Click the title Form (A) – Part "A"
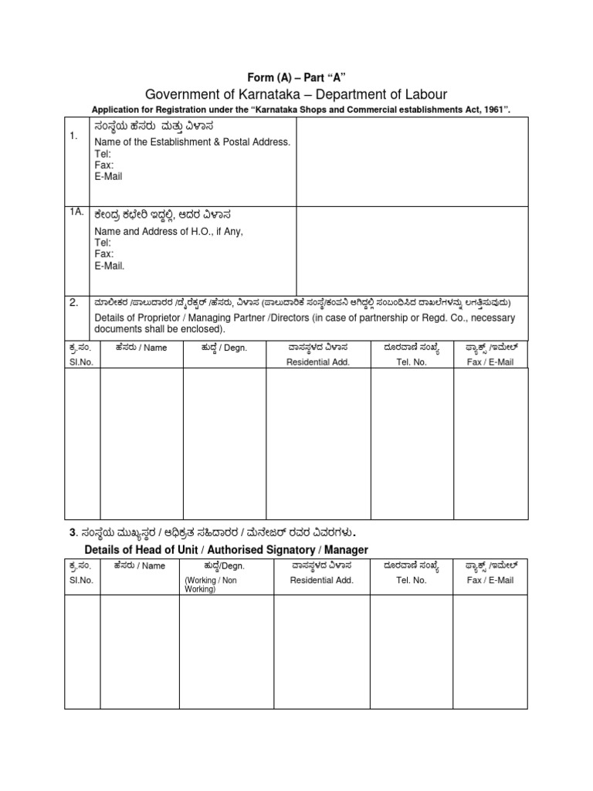coord(296,77)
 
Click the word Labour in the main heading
coord(422,94)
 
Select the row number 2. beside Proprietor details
coord(74,303)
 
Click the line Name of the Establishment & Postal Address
coord(191,142)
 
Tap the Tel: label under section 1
coord(102,154)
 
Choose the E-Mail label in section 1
coord(108,176)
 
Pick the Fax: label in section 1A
coord(103,253)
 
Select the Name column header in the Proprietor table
coord(141,348)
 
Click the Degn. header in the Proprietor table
coord(224,348)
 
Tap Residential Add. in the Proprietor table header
coord(318,362)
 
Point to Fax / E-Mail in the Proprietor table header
coord(490,362)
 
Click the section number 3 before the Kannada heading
coord(73,532)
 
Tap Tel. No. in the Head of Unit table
coord(411,580)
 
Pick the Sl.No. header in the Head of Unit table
coord(81,580)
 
